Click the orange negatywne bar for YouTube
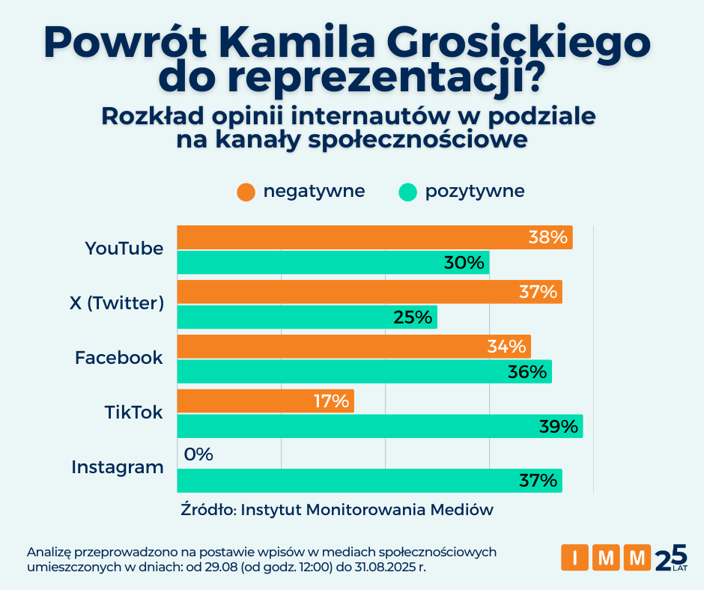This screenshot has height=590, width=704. (x=374, y=237)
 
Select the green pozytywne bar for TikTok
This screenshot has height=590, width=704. (x=380, y=427)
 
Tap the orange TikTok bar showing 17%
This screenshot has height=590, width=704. (x=265, y=401)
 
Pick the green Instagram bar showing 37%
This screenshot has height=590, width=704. (x=369, y=480)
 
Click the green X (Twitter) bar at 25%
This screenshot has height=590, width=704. (x=307, y=317)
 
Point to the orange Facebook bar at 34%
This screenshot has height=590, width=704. (x=353, y=347)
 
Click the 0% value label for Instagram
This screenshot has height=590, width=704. (x=198, y=454)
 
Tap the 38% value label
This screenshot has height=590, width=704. (x=547, y=237)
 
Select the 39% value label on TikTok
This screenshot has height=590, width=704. (x=559, y=427)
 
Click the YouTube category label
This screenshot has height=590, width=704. (x=124, y=249)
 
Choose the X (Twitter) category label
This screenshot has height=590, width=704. (x=116, y=303)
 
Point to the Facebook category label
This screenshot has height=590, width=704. (x=118, y=358)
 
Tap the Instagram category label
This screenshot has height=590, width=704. (x=118, y=467)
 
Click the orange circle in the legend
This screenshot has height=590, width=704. (x=246, y=192)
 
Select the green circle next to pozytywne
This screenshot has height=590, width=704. (x=407, y=192)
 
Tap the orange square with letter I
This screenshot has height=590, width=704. (x=574, y=558)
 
